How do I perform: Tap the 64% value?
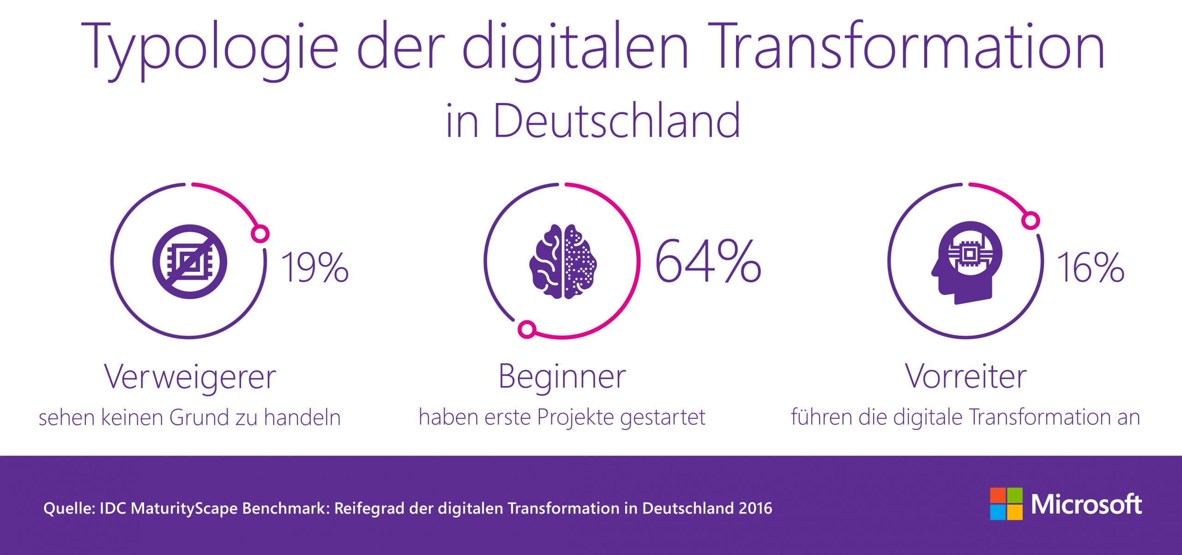[708, 261]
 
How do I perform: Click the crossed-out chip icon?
[190, 262]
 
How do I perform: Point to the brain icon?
[563, 261]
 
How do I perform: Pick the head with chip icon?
[966, 262]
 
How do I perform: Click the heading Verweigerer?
[190, 377]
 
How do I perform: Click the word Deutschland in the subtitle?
[617, 121]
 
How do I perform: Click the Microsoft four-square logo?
[1006, 504]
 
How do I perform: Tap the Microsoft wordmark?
[1086, 504]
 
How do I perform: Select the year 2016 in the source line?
[755, 508]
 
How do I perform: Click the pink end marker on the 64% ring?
[527, 329]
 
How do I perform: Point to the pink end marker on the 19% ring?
[260, 234]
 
